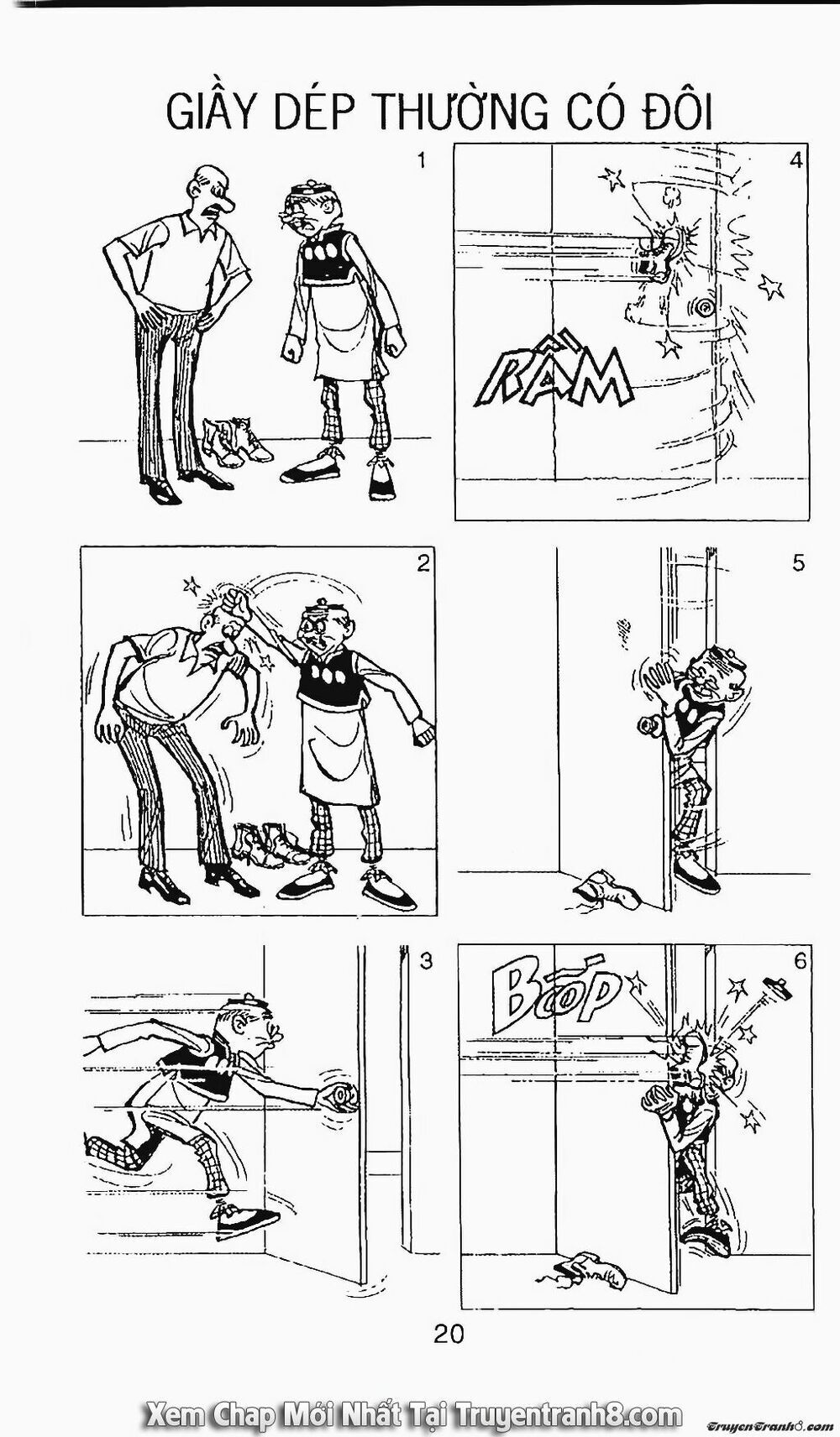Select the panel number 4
796,159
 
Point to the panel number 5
798,562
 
